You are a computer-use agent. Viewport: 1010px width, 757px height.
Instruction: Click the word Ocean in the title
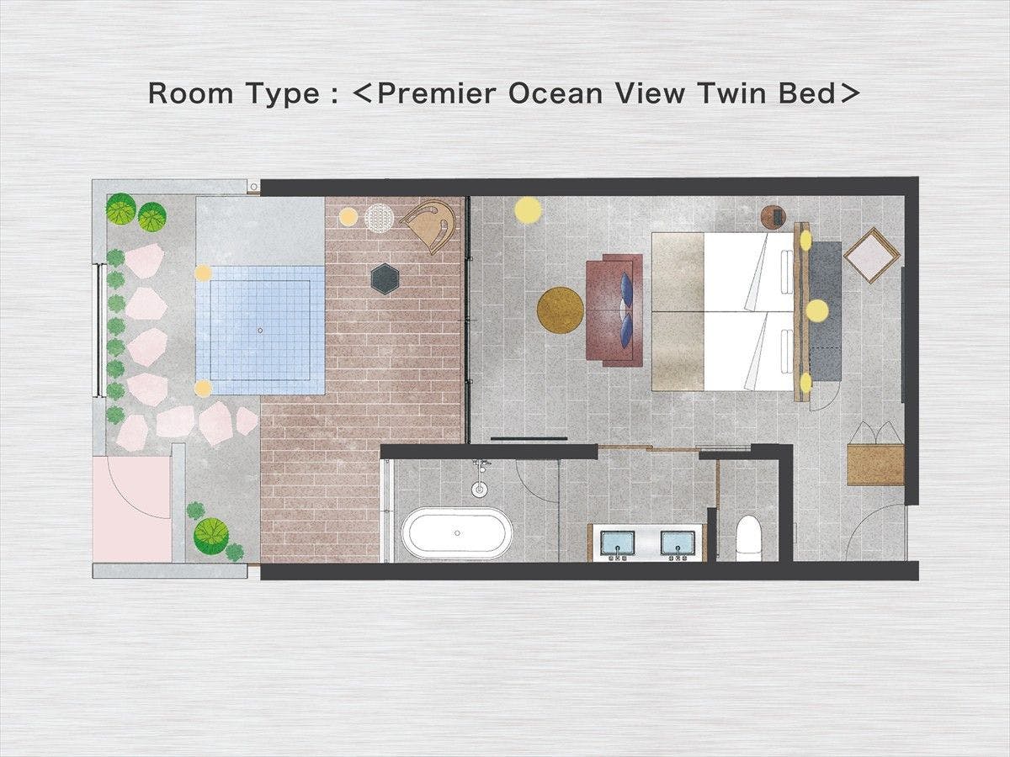pyautogui.click(x=555, y=93)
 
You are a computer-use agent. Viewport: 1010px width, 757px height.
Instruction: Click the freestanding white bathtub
pyautogui.click(x=457, y=532)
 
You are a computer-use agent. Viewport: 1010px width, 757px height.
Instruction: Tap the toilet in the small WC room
pyautogui.click(x=748, y=538)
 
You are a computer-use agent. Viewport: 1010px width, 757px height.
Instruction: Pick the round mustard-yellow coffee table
pyautogui.click(x=561, y=310)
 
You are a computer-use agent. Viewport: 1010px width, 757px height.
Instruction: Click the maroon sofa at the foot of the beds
pyautogui.click(x=614, y=310)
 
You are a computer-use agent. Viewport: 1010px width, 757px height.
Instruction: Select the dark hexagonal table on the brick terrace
pyautogui.click(x=385, y=279)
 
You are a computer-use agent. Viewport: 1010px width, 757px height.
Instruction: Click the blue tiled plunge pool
pyautogui.click(x=260, y=330)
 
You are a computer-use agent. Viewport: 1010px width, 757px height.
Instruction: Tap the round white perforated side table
pyautogui.click(x=379, y=218)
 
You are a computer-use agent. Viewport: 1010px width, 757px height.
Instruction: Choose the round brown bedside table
pyautogui.click(x=773, y=216)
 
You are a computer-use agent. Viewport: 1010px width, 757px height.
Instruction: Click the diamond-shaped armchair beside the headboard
pyautogui.click(x=871, y=255)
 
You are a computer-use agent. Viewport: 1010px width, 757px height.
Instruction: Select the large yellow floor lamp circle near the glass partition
pyautogui.click(x=528, y=210)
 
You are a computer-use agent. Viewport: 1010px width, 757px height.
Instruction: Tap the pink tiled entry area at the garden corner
pyautogui.click(x=132, y=508)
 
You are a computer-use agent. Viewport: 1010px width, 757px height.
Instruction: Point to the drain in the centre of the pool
pyautogui.click(x=260, y=331)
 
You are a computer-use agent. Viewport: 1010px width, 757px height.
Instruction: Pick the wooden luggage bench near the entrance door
pyautogui.click(x=875, y=464)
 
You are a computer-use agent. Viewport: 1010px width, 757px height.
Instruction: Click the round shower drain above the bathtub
pyautogui.click(x=479, y=489)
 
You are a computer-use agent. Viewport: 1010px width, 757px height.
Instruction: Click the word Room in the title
pyautogui.click(x=190, y=93)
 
